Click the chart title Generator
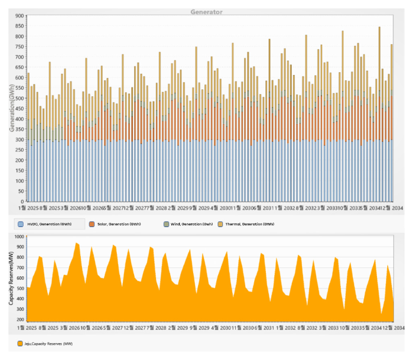207,12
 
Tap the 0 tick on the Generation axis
22,201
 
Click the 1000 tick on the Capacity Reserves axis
17,237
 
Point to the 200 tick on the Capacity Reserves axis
19,319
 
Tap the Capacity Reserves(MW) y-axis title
12,278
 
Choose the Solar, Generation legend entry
120,224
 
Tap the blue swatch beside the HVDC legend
21,224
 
